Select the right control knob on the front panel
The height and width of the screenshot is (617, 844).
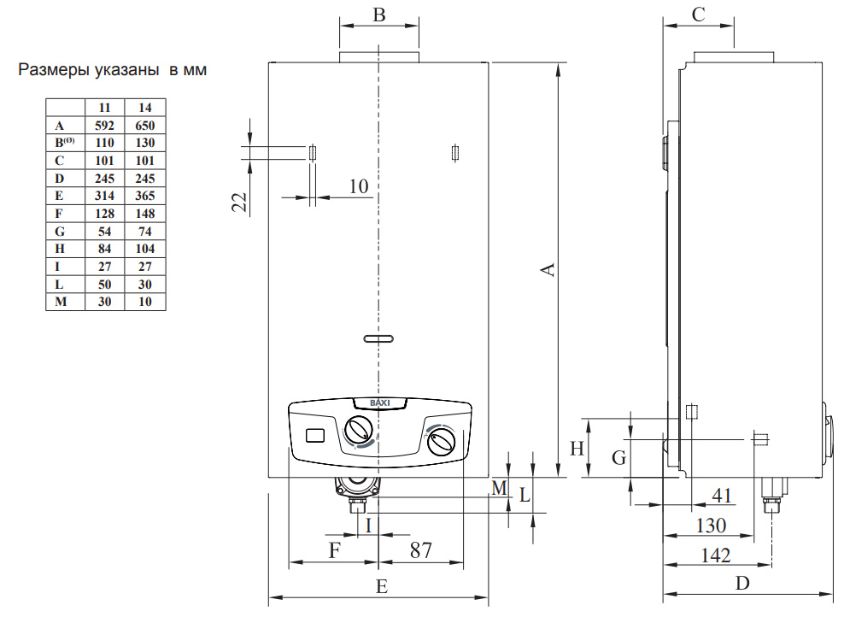442,443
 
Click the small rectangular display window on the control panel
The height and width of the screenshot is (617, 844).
314,434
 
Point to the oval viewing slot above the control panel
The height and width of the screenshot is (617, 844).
378,338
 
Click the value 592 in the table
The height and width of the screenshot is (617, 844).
105,125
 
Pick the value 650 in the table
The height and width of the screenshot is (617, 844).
144,125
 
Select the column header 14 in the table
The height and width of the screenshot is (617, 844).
144,108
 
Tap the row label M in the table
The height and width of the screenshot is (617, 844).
59,302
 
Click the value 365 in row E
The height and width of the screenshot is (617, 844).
144,196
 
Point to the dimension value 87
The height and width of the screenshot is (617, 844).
420,550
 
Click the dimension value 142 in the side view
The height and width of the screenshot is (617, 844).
715,555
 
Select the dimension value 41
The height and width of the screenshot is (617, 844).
722,495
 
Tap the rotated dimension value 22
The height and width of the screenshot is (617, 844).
240,202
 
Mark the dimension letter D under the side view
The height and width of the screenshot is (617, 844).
742,584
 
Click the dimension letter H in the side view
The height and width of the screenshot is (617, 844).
577,448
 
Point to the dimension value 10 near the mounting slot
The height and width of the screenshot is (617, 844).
359,186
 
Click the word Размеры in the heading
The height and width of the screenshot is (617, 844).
54,70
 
